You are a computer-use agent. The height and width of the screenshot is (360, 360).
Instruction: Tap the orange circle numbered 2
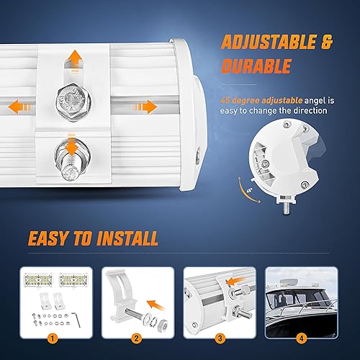136,336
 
